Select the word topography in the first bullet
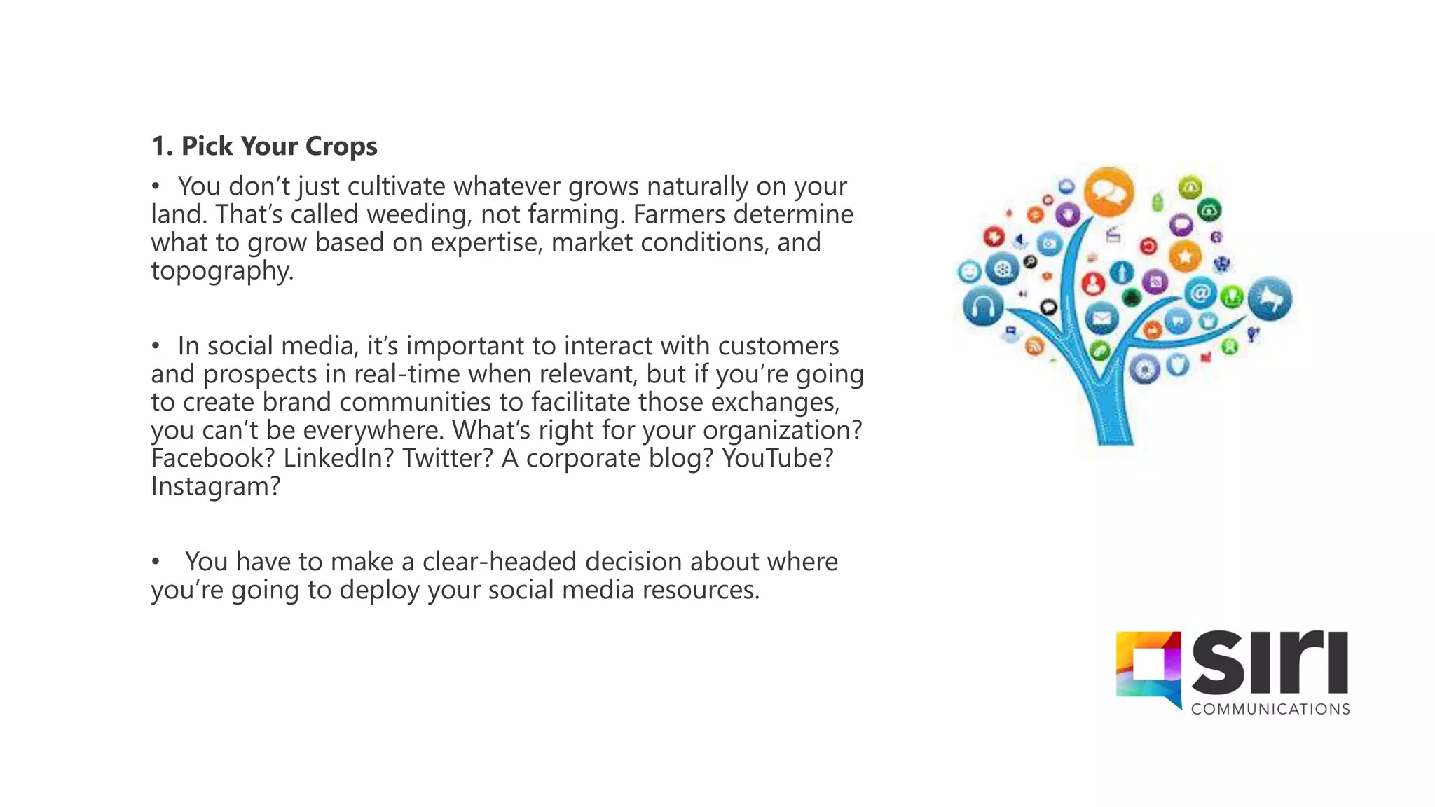coord(221,271)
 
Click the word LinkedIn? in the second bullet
coord(338,458)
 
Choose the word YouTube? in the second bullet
coord(777,458)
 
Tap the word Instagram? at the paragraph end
coord(216,486)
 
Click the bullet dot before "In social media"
coord(156,346)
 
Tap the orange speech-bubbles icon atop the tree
coord(1108,192)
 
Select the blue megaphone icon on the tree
coord(1270,299)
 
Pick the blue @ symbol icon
coord(1200,292)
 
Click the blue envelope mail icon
coord(1101,319)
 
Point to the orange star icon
coord(1185,256)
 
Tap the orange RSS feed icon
coord(1034,345)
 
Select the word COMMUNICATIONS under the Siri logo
coord(1270,710)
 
